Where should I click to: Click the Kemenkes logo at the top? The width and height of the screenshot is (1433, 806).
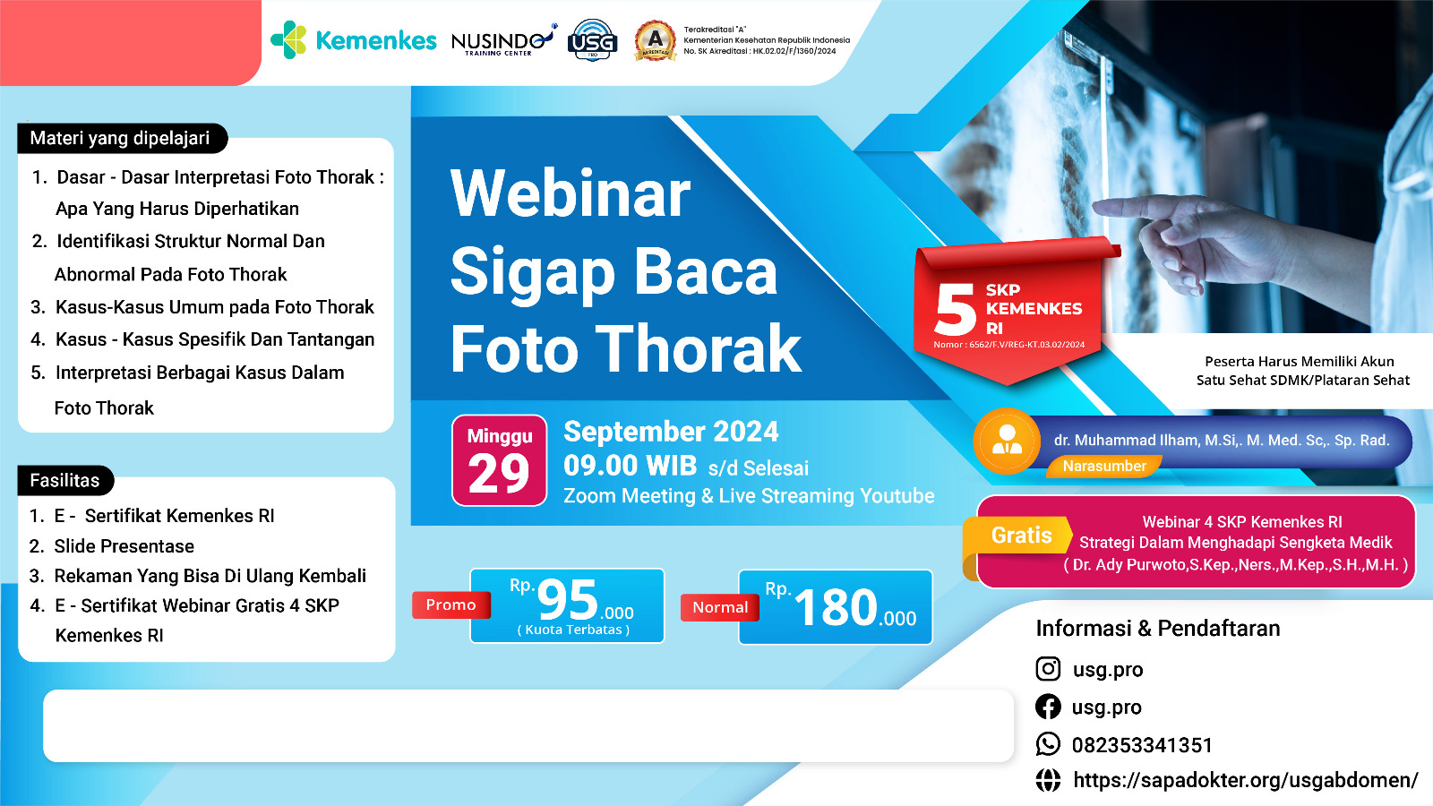coord(353,39)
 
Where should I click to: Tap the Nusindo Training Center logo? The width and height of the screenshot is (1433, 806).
coord(503,41)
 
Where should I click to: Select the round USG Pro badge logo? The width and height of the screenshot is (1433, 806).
coord(592,40)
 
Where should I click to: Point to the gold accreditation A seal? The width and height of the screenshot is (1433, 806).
coord(655,40)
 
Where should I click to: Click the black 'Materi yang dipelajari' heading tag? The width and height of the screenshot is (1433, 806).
coord(122,138)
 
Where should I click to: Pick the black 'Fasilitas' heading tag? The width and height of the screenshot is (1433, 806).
coord(65,480)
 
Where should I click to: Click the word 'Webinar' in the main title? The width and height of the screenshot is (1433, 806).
coord(570,193)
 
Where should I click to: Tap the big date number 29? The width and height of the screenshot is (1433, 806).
coord(498,474)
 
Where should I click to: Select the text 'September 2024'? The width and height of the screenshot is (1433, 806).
coord(671,432)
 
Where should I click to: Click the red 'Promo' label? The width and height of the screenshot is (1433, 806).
coord(451,605)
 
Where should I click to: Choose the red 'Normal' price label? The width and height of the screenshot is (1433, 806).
coord(720,608)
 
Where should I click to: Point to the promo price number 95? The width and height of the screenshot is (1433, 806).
coord(567,599)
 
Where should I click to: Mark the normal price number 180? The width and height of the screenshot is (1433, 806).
coord(835,607)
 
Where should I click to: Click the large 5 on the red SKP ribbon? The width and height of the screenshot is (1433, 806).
coord(955,310)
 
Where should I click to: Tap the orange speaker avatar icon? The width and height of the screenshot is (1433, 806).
coord(1007,441)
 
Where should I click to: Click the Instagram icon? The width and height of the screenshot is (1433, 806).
coord(1048,668)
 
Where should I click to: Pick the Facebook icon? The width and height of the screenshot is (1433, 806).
coord(1048,707)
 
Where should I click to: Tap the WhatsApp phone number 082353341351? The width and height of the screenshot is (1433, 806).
coord(1142,745)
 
